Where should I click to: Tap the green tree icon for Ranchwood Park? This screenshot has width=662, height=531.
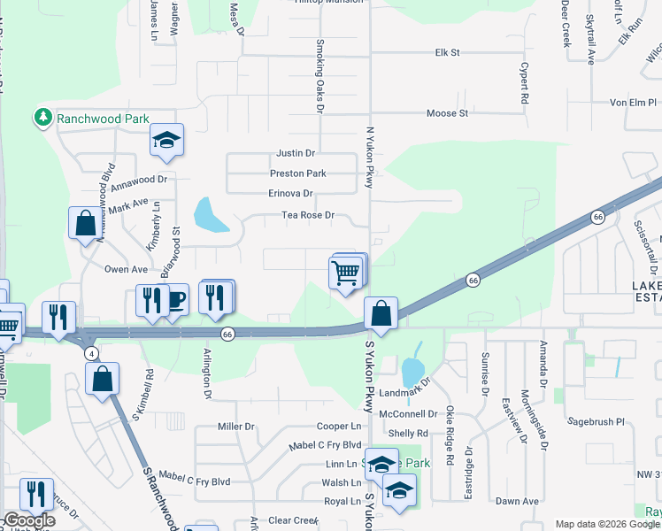pos(42,117)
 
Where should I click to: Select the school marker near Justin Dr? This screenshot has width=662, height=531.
pos(165,141)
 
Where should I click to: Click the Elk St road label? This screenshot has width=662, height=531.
pos(447,53)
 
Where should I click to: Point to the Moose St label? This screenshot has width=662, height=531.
pos(447,113)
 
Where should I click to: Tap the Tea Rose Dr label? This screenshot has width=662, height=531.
pos(307,214)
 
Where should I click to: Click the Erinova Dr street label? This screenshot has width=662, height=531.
pos(290,193)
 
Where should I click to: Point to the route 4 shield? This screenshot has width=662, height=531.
pos(92,353)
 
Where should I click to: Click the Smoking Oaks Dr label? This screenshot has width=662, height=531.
pos(320,77)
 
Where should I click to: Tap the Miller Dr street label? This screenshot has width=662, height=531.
pos(236,427)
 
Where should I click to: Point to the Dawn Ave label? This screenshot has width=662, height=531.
pos(517,501)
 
